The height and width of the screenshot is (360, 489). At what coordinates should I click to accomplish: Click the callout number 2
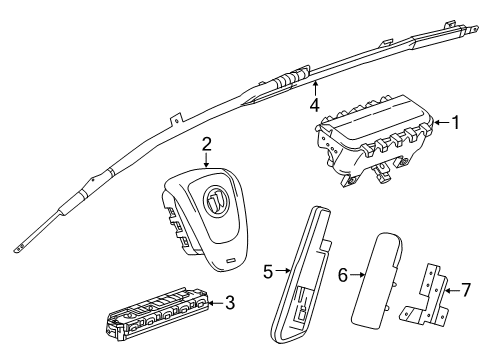click(x=205, y=143)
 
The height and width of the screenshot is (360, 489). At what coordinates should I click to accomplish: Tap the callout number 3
click(x=231, y=302)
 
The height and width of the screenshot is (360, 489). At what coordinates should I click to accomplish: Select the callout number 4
click(x=313, y=102)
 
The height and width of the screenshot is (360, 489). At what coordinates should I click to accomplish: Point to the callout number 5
click(x=268, y=270)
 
